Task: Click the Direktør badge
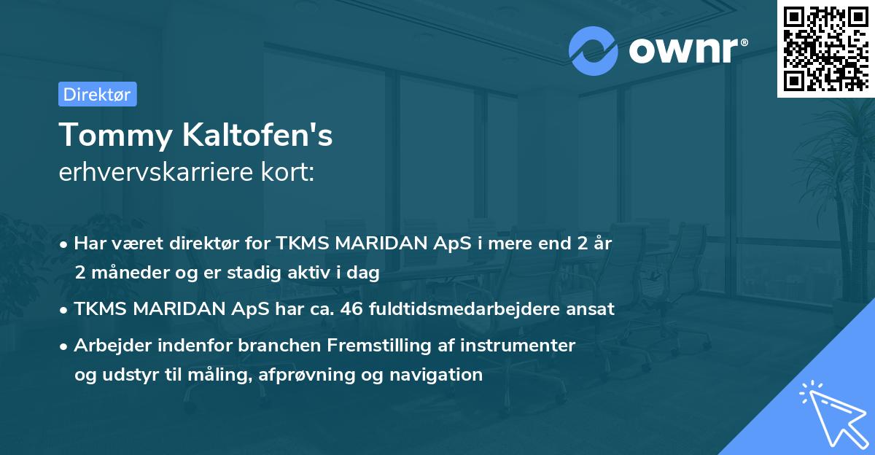[x=97, y=94]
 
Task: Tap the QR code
[x=825, y=48]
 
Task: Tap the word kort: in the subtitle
[x=289, y=173]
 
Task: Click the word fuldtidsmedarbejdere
[x=467, y=309]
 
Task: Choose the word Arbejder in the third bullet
[x=108, y=345]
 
